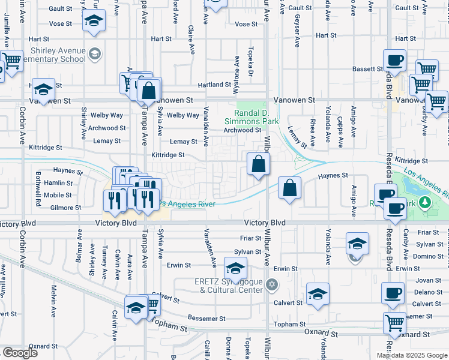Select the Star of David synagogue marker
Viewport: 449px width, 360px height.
[271, 284]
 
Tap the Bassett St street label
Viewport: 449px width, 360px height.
[368, 69]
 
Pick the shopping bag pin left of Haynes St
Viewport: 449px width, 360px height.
[289, 189]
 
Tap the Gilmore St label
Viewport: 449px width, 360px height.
[66, 208]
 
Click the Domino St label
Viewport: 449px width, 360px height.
[428, 256]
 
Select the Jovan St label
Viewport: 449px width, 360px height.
[428, 280]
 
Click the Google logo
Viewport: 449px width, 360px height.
[20, 353]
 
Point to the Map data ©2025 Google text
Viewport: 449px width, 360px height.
[412, 355]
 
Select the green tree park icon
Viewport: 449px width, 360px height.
[426, 202]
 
